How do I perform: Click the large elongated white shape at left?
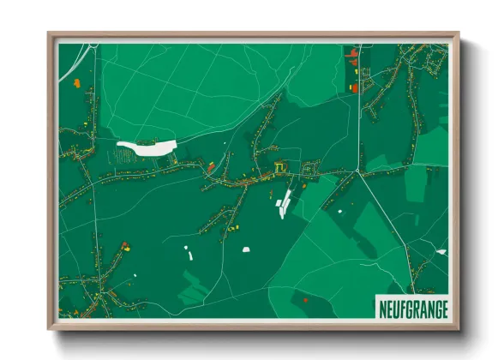147,147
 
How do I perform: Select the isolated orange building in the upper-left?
76,83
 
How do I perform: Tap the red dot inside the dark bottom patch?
305,299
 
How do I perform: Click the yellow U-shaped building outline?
280,167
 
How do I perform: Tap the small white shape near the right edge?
441,251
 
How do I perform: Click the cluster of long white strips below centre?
283,204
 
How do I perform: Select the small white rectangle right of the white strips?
339,210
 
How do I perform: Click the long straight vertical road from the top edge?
357,111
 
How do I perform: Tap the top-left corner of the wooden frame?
49,34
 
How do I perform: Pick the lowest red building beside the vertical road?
353,87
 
